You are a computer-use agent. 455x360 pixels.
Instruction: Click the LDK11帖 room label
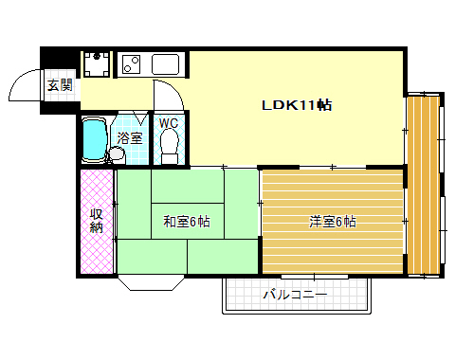pos(297,105)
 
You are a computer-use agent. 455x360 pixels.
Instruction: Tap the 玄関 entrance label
pos(60,84)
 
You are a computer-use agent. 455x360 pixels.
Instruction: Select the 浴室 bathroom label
pos(130,138)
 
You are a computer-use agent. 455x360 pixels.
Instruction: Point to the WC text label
pos(169,123)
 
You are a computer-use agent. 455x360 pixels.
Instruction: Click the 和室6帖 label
pos(186,222)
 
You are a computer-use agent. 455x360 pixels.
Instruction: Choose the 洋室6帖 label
pos(332,222)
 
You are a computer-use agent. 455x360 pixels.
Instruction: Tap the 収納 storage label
pos(96,220)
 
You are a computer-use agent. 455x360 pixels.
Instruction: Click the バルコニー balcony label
pos(295,295)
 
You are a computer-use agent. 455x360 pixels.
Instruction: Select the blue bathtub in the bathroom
pos(94,140)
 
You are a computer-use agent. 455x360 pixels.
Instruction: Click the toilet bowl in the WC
pos(170,146)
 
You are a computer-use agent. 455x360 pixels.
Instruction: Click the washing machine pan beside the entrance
pos(97,63)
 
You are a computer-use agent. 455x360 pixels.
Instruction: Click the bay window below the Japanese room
pos(152,282)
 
